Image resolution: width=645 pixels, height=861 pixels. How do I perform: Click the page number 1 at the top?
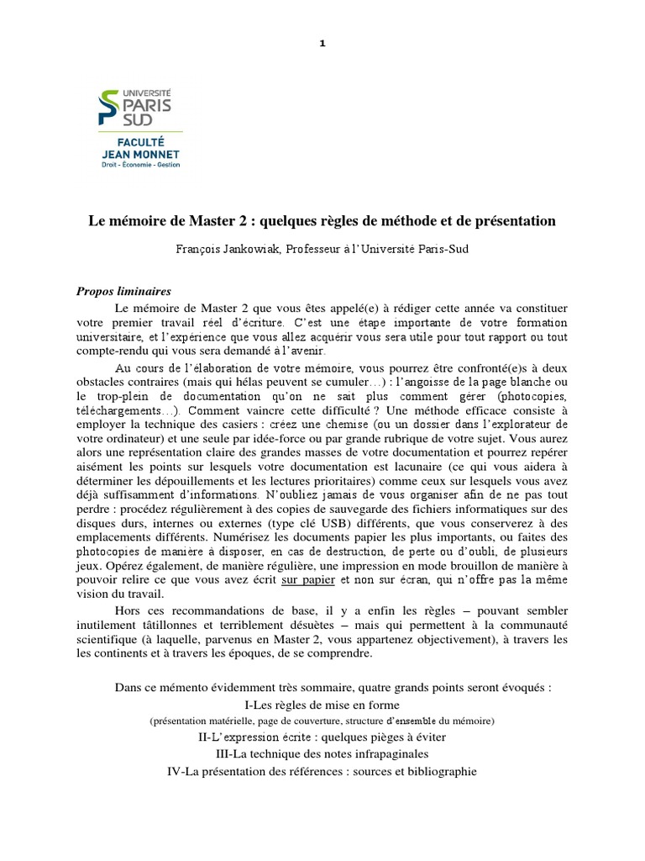322,45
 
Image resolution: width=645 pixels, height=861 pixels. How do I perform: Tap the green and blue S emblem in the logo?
110,104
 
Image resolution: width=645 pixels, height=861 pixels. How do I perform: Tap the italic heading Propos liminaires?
123,290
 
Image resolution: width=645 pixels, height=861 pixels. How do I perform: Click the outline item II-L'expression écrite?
322,737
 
